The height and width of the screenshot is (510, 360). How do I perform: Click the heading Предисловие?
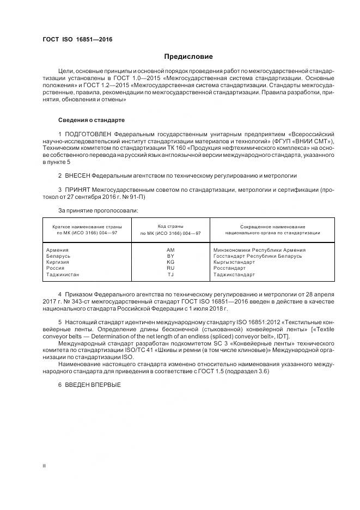tap(189, 57)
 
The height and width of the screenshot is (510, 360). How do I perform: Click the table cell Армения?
tap(58, 250)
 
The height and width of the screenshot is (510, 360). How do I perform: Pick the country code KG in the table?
tap(170, 262)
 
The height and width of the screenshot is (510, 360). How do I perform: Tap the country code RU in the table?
tap(170, 268)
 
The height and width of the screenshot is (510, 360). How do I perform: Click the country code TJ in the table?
tap(170, 275)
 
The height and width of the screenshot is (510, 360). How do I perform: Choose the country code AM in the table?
tap(170, 250)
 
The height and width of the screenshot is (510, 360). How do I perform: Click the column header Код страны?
tap(170, 226)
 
